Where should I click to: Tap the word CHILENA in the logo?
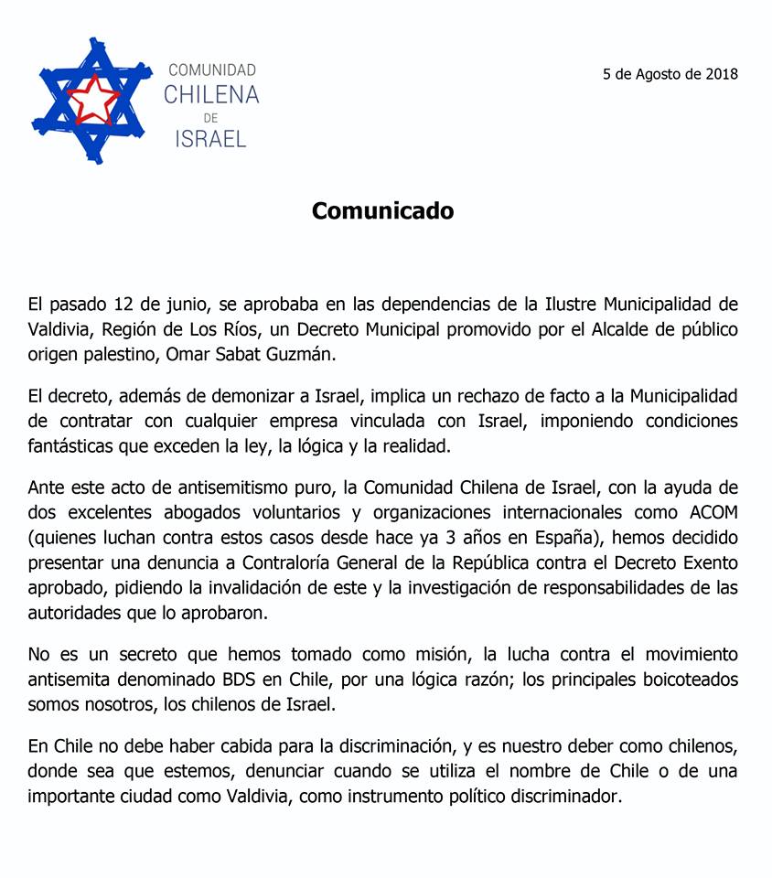point(211,94)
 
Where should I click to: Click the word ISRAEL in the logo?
point(211,138)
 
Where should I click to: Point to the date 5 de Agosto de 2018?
point(670,74)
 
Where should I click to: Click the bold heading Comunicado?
point(382,211)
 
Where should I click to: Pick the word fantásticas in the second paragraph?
point(75,447)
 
